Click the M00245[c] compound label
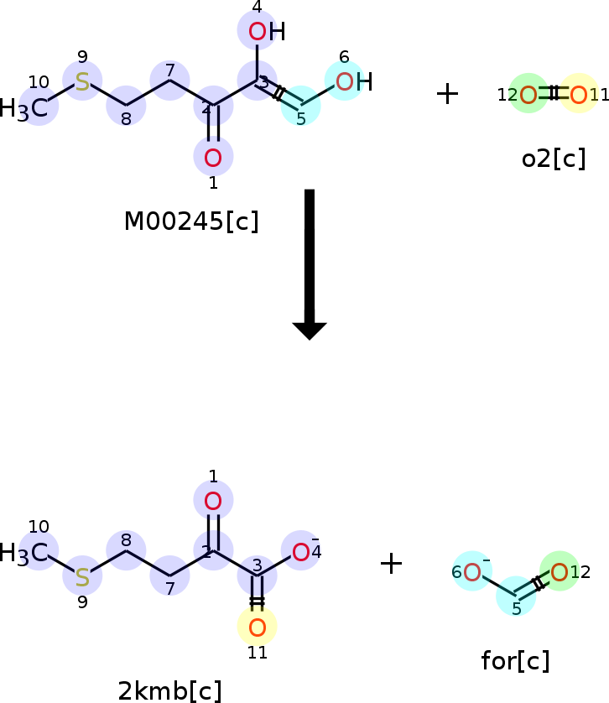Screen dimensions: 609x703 (x=191, y=221)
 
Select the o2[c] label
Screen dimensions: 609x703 (x=554, y=159)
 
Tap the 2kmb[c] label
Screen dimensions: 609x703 (x=169, y=690)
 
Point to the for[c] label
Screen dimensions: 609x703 (x=515, y=661)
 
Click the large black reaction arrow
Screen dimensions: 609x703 (x=310, y=264)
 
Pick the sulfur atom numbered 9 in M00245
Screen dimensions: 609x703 (x=82, y=81)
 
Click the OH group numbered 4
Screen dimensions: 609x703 (x=267, y=31)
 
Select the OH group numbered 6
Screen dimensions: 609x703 (x=354, y=81)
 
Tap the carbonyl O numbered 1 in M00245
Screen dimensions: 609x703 (x=213, y=158)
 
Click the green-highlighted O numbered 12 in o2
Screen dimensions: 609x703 (x=528, y=95)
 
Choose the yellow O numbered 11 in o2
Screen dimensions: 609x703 (x=579, y=95)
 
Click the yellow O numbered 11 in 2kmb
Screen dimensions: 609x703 (x=257, y=627)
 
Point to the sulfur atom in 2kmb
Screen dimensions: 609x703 (x=82, y=577)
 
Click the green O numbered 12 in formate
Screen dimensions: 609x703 (x=560, y=572)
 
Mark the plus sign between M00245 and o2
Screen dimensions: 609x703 (x=447, y=94)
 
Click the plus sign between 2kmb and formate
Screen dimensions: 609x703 (x=391, y=563)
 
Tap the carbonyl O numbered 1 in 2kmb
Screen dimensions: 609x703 (x=213, y=501)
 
